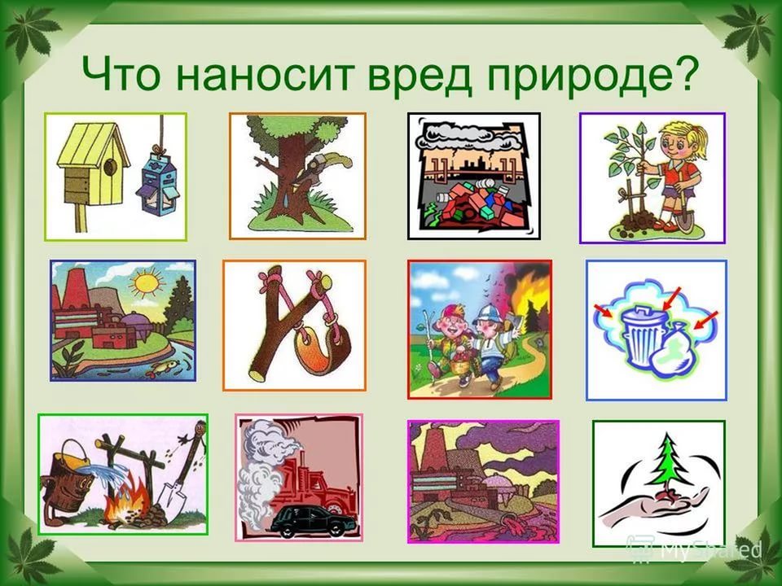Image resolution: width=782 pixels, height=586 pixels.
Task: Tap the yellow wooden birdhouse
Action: tap(90, 163)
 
